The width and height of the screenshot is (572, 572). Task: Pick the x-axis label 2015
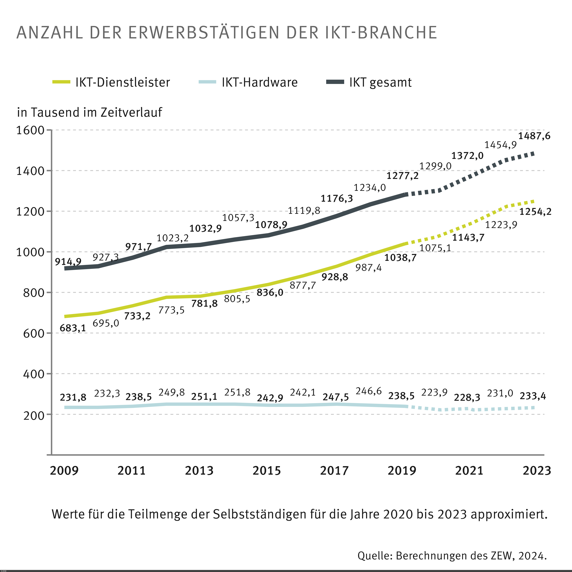[x=266, y=471]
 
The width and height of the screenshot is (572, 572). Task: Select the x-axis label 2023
[x=536, y=471]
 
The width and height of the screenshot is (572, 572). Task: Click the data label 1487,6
[x=534, y=136]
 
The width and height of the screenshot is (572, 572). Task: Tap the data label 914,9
[x=68, y=261]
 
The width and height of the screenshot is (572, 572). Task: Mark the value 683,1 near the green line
[x=73, y=328]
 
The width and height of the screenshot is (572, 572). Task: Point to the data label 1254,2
[x=535, y=212]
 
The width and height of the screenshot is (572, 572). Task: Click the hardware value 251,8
[x=237, y=392]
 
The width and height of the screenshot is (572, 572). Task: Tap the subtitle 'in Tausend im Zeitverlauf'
[x=89, y=112]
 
